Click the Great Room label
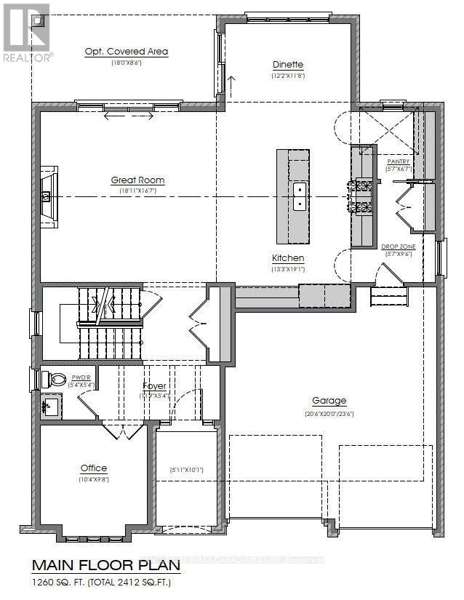pyautogui.click(x=137, y=180)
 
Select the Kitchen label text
pyautogui.click(x=287, y=258)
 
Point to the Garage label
pyautogui.click(x=329, y=401)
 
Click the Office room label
pyautogui.click(x=94, y=468)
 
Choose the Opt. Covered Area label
pyautogui.click(x=127, y=52)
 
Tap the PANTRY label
pyautogui.click(x=399, y=161)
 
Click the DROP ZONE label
pyautogui.click(x=399, y=247)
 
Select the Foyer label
pyautogui.click(x=154, y=386)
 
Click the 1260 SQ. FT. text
pyautogui.click(x=61, y=583)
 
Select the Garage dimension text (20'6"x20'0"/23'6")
pyautogui.click(x=329, y=414)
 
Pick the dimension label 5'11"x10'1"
pyautogui.click(x=186, y=470)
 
